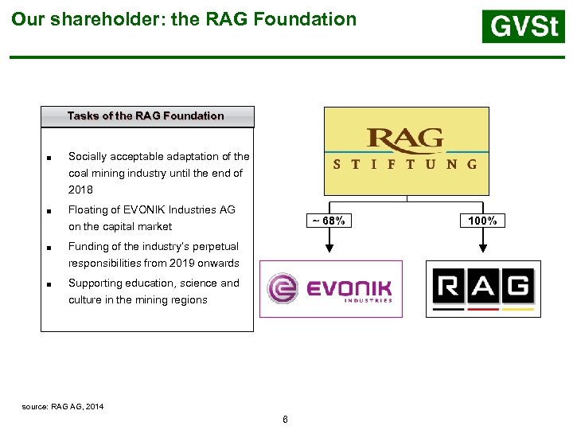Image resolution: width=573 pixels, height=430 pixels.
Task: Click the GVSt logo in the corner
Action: point(523,27)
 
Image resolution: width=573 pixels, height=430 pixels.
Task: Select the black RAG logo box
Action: point(483,288)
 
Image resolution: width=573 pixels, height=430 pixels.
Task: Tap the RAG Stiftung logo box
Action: point(406,150)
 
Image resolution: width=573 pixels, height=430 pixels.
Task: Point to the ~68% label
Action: point(328,221)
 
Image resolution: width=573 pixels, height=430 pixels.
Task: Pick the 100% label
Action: point(482,221)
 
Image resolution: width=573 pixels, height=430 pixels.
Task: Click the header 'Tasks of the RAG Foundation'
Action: point(146,116)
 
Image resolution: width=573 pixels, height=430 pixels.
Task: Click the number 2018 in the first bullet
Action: point(80,190)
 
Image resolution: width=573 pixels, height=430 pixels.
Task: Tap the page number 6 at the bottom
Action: point(285,420)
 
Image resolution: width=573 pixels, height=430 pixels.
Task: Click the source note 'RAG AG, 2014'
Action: point(76,407)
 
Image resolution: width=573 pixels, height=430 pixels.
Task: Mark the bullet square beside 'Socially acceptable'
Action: point(49,158)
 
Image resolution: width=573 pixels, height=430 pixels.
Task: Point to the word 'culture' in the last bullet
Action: point(84,300)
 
